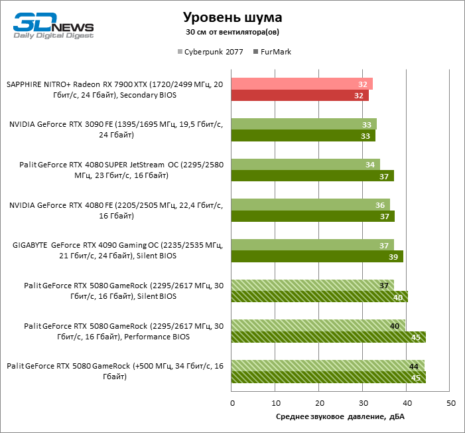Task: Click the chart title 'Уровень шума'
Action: coord(232,17)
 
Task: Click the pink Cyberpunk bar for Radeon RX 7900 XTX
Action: coord(302,84)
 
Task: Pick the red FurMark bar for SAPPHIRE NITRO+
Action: coord(300,96)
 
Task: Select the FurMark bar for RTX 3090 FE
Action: coord(303,135)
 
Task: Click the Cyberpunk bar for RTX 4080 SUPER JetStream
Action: coord(305,164)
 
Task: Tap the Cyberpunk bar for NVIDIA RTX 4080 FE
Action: coord(310,205)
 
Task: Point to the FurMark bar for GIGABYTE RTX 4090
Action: coord(317,256)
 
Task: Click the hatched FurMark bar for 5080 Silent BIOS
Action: coord(319,297)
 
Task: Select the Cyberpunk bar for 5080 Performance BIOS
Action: coord(318,325)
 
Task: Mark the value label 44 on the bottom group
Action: coord(413,366)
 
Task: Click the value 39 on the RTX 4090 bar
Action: coord(393,257)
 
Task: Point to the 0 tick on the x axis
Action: coord(232,403)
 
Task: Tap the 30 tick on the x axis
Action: coord(363,403)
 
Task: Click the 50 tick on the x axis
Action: coord(450,403)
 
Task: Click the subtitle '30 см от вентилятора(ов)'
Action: coord(232,32)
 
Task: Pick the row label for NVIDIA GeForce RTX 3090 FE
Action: coord(116,130)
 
